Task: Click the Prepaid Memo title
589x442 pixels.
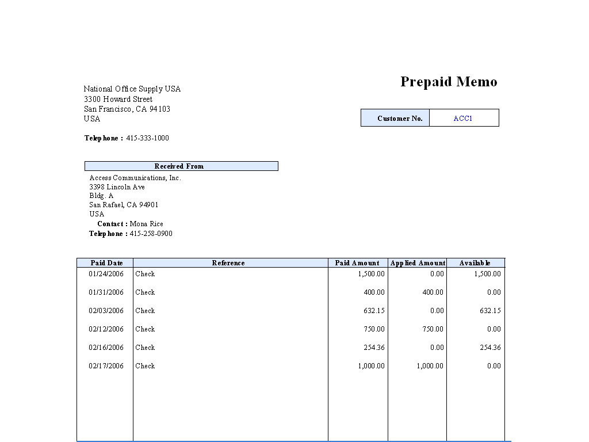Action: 449,82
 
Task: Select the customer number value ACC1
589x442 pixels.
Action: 462,119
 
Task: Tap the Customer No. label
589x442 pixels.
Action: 400,119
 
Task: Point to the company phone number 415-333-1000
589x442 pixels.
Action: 147,138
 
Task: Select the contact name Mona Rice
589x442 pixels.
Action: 146,224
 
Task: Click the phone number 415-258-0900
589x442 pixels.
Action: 151,234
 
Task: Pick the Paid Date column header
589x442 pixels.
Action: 106,263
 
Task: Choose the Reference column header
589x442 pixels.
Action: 228,263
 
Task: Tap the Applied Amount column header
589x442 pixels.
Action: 418,263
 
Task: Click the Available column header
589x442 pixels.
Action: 475,263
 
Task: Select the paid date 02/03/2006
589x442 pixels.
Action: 106,311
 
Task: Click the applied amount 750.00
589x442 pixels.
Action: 433,329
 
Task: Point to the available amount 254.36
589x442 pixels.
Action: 489,348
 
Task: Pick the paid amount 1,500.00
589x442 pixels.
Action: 371,274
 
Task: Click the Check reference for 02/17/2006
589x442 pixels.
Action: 145,366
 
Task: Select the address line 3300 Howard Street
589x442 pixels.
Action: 118,99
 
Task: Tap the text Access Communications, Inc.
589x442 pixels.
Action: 135,178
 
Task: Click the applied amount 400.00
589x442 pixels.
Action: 433,292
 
